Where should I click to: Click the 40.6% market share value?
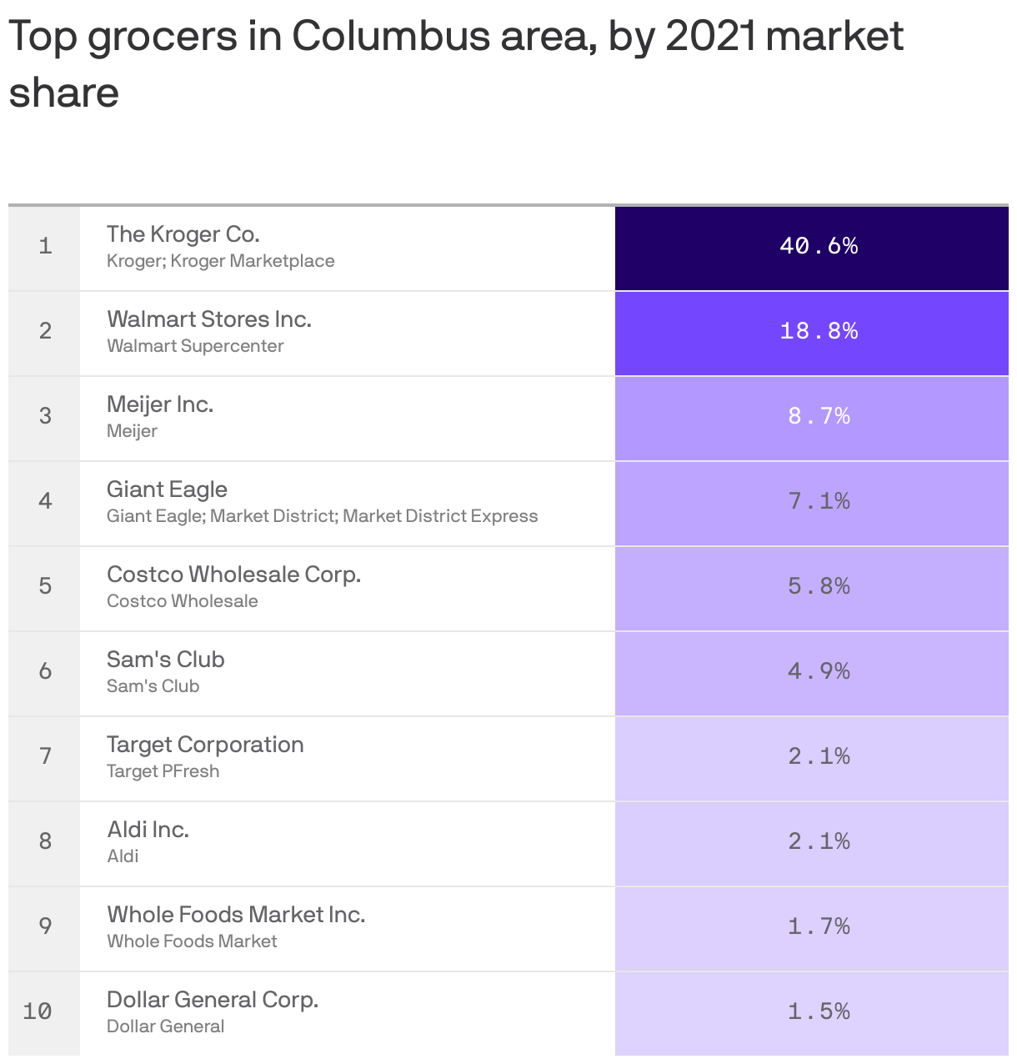point(819,246)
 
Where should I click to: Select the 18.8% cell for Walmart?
point(819,331)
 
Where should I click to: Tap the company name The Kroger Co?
point(183,234)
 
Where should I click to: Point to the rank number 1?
point(45,246)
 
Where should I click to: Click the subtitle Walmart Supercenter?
point(195,346)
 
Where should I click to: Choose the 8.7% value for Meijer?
point(819,416)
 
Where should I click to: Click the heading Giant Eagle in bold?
point(167,489)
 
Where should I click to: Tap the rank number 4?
point(45,501)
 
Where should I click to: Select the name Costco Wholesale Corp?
point(233,575)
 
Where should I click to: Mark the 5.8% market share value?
point(819,586)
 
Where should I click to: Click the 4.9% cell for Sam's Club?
point(819,671)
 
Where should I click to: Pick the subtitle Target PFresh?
point(163,771)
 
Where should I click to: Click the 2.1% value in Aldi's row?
point(819,841)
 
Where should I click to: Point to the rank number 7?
point(45,756)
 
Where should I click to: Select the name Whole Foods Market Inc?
point(236,915)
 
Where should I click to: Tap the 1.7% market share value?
point(819,926)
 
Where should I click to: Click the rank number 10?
point(38,1011)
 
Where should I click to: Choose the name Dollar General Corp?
point(213,1000)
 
